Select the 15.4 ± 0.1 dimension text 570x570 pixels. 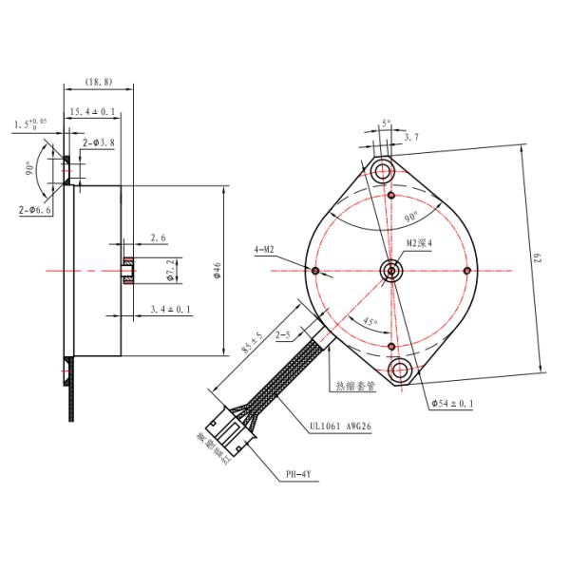(x=94, y=112)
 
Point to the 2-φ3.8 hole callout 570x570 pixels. (x=99, y=142)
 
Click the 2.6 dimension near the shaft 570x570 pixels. (x=158, y=238)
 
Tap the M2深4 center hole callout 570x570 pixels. (x=419, y=243)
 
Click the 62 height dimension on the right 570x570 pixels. (x=537, y=257)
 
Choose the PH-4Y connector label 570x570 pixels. (x=300, y=472)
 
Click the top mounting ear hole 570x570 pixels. (x=385, y=172)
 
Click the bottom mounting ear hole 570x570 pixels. (x=399, y=369)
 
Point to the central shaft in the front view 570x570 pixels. (x=390, y=270)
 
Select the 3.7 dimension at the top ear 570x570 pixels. (x=409, y=139)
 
